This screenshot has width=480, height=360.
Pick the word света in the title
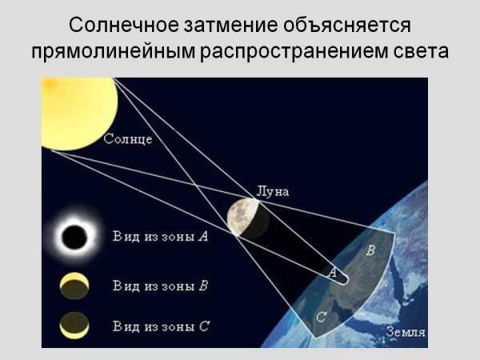417,52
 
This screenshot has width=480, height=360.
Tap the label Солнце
129,139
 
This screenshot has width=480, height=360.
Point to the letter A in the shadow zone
332,273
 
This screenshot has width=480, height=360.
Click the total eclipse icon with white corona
75,237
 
